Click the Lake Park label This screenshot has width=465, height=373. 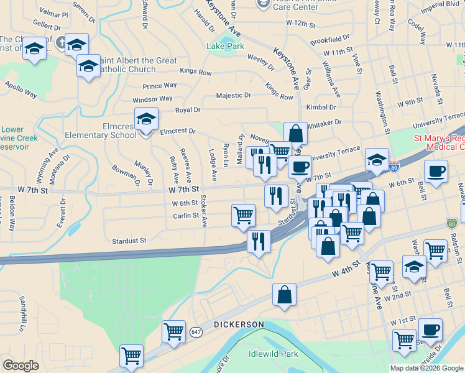tap(225, 46)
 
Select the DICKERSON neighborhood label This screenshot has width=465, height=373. tap(239, 325)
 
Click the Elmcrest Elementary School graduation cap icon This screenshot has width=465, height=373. tap(146, 118)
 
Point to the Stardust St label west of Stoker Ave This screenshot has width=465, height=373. tap(129, 240)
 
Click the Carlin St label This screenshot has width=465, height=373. tap(185, 216)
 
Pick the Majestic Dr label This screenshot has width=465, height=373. tap(233, 96)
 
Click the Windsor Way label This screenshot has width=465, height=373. tap(152, 99)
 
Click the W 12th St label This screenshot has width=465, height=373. tap(302, 23)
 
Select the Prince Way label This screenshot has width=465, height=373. tap(159, 86)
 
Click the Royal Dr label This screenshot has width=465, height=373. tap(188, 110)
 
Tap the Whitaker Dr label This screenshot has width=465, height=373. tap(325, 123)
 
